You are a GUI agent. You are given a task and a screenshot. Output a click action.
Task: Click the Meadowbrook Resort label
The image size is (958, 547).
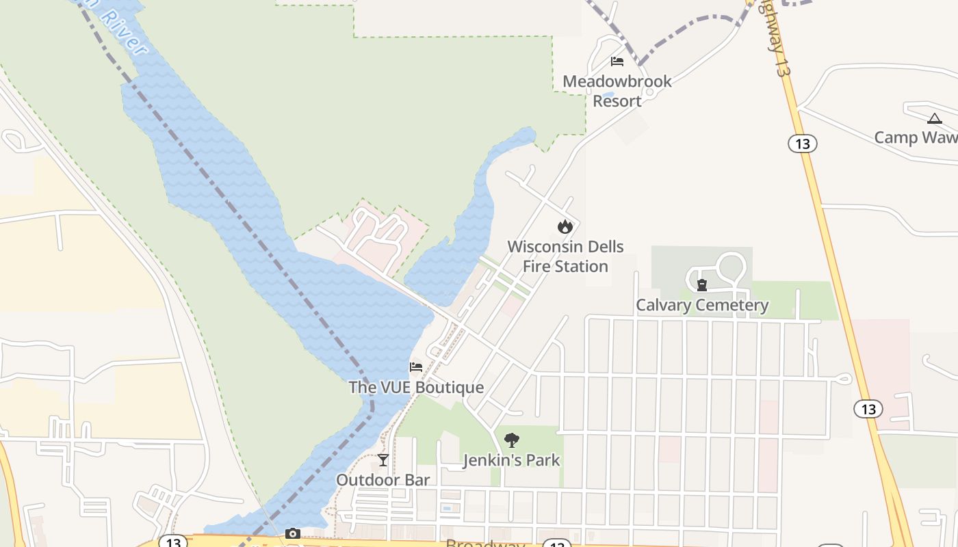pos(617,91)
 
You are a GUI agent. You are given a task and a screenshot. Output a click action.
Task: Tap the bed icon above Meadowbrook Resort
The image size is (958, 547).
pos(617,62)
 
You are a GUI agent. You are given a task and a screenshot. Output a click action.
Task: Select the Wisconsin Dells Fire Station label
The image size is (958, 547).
pos(565,256)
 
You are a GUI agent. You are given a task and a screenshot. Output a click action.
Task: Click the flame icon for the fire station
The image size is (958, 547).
pos(565,226)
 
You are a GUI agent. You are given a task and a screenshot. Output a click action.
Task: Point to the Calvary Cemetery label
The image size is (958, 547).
pos(702,305)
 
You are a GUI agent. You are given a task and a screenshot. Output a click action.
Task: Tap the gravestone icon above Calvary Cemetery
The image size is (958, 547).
pos(701,285)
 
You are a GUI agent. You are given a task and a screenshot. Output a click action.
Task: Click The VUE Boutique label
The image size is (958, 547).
pos(416,387)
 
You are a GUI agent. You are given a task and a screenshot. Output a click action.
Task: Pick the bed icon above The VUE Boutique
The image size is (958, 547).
pos(415,367)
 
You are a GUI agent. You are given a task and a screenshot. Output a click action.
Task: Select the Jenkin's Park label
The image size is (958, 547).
pos(511,460)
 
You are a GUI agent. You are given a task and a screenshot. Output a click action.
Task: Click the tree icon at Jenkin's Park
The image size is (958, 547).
pos(511,440)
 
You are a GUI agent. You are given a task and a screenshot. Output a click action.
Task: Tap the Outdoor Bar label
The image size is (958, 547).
pos(383,480)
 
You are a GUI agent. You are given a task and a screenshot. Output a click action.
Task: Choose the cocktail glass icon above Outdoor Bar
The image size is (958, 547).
pos(383,460)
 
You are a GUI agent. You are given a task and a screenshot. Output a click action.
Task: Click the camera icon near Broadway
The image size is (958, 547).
pos(293,533)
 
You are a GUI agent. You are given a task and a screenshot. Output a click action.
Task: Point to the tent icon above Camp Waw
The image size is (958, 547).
pos(934,118)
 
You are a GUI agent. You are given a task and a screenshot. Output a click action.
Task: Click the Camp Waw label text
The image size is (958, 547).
pos(916,137)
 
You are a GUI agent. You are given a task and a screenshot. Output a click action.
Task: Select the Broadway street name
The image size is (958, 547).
pos(485,544)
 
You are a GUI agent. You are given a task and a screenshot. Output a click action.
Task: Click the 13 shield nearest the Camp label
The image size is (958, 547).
pos(803,144)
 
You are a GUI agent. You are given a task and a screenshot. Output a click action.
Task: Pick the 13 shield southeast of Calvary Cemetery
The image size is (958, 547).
pos(868,409)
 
